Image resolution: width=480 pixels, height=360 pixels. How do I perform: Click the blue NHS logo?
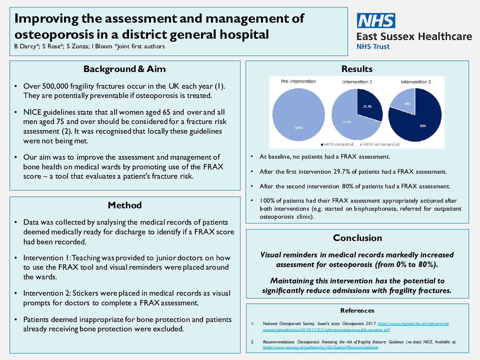pyautogui.click(x=376, y=21)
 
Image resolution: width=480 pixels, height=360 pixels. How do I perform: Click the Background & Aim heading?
pyautogui.click(x=124, y=69)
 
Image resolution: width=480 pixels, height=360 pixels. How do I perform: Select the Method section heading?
pyautogui.click(x=125, y=205)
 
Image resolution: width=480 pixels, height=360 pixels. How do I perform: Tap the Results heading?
pyautogui.click(x=357, y=69)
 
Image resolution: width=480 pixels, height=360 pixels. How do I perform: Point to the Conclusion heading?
pyautogui.click(x=357, y=238)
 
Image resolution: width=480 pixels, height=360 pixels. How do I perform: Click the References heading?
pyautogui.click(x=357, y=311)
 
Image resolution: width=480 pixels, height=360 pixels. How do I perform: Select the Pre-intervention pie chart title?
pyautogui.click(x=298, y=81)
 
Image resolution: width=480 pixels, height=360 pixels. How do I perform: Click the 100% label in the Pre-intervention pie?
pyautogui.click(x=299, y=128)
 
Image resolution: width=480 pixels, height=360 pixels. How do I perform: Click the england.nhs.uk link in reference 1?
pyautogui.click(x=413, y=324)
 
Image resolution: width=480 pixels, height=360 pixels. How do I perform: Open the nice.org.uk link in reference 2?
pyautogui.click(x=320, y=347)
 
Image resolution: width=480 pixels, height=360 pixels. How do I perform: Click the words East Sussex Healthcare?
pyautogui.click(x=414, y=36)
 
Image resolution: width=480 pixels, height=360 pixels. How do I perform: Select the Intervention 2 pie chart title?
pyautogui.click(x=416, y=82)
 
